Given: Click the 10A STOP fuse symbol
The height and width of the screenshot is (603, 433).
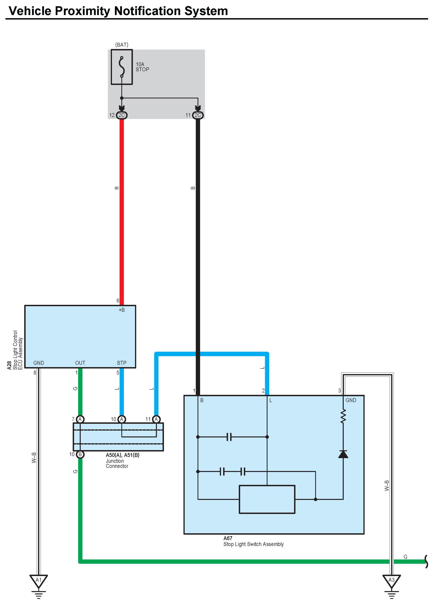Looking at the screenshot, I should (x=122, y=67).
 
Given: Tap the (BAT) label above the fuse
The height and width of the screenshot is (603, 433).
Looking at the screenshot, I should (x=122, y=45).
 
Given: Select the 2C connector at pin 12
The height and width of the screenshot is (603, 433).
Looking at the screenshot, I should (x=122, y=115).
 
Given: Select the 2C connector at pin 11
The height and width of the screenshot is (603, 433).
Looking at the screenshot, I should (x=198, y=115).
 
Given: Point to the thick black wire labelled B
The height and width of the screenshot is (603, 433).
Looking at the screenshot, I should (x=198, y=239).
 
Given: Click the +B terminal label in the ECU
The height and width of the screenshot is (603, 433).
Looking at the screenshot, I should (x=122, y=310).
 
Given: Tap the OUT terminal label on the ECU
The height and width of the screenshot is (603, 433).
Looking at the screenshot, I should (x=80, y=363).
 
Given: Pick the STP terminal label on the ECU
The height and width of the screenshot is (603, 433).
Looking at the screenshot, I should (x=122, y=363).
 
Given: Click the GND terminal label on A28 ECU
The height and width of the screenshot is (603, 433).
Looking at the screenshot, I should (x=39, y=363).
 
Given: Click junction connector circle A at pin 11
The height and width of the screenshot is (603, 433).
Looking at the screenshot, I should (x=156, y=419).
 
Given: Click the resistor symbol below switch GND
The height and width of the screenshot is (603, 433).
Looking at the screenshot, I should (x=343, y=416).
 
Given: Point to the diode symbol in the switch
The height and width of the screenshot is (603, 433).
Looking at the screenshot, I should (x=343, y=454).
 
